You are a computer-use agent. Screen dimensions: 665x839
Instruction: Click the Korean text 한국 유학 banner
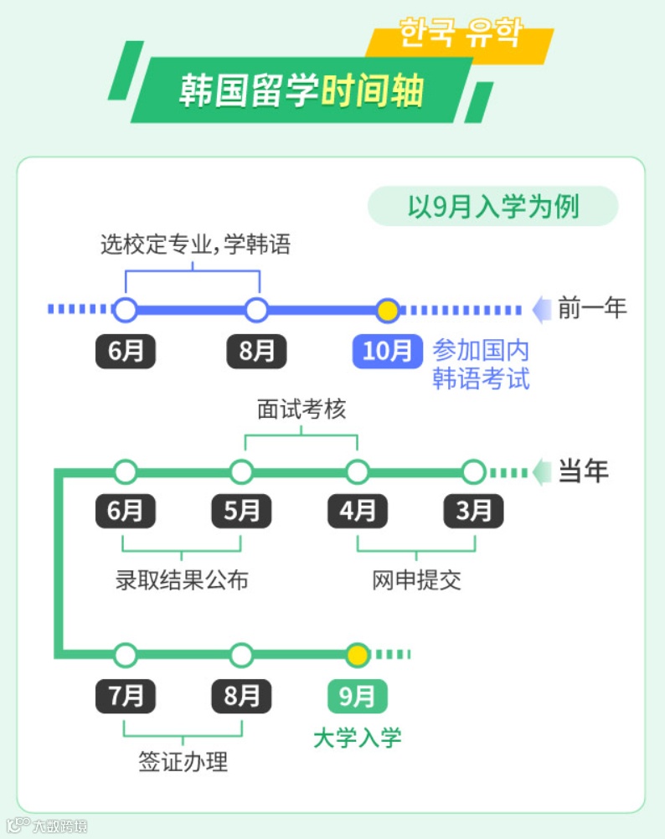click(460, 34)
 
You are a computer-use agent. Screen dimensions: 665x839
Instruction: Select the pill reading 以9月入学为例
click(492, 206)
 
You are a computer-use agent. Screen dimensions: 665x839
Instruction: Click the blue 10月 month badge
click(387, 352)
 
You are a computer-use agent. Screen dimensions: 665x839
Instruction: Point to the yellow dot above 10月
click(386, 311)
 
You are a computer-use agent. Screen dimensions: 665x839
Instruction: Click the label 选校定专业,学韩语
click(195, 244)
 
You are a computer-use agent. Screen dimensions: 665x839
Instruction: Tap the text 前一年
click(592, 308)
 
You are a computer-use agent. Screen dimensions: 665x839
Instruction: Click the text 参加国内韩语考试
click(481, 364)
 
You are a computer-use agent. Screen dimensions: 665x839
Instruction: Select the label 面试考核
click(301, 410)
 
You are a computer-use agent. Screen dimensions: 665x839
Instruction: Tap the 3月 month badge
click(473, 511)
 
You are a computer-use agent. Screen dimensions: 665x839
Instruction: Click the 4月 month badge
click(358, 511)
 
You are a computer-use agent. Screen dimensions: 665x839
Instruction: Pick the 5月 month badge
click(241, 511)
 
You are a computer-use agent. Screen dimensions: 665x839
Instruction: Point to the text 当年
click(584, 471)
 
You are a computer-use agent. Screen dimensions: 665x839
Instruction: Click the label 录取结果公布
click(182, 579)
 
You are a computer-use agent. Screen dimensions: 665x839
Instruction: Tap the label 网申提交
click(416, 579)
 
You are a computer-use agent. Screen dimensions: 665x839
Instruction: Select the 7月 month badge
click(126, 696)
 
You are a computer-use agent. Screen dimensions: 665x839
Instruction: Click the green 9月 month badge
click(357, 696)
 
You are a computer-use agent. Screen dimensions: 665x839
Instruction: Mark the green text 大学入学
click(357, 738)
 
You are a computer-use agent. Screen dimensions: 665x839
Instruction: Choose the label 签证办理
click(183, 762)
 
